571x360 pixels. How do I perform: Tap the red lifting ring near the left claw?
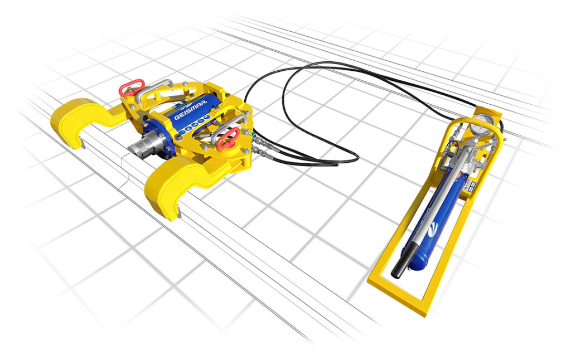pyautogui.click(x=132, y=87)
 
